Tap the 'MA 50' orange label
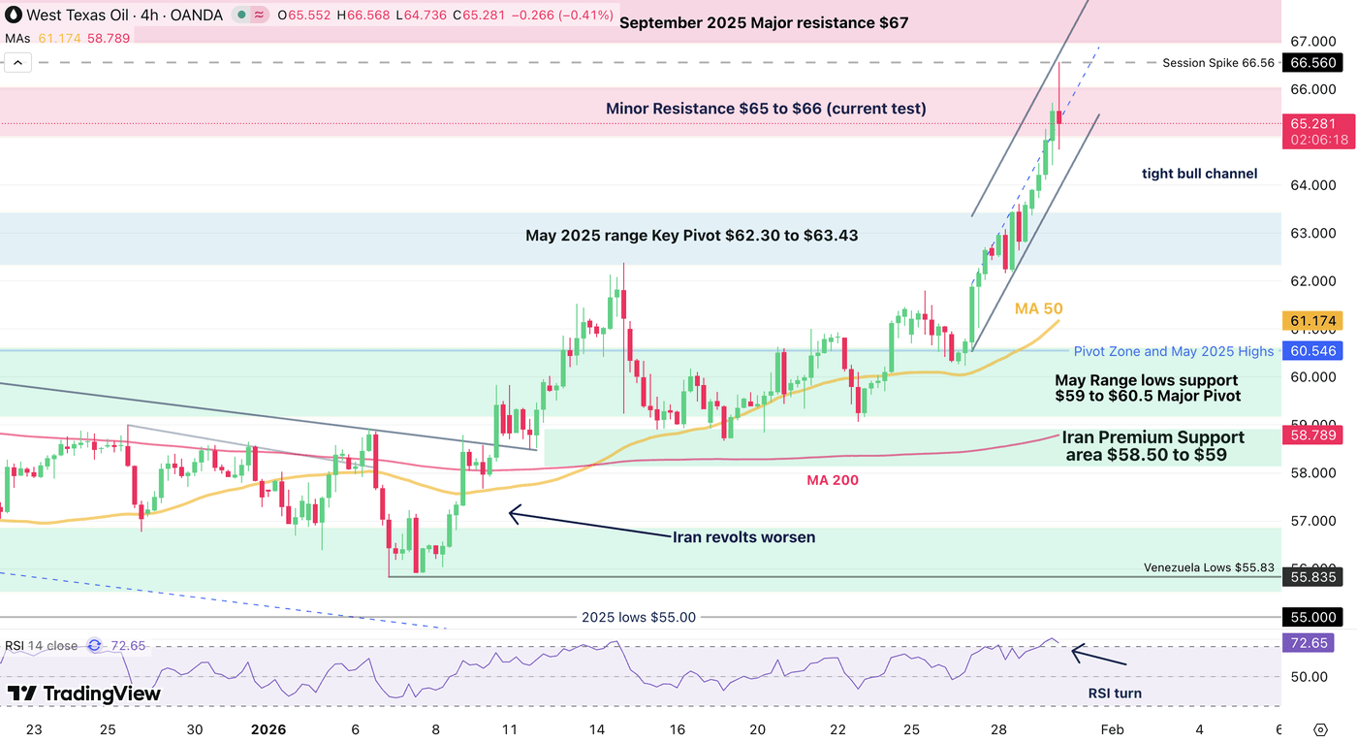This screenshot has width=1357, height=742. pyautogui.click(x=1038, y=308)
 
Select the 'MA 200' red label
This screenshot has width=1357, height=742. pyautogui.click(x=833, y=480)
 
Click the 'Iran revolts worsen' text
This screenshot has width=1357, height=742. pyautogui.click(x=743, y=536)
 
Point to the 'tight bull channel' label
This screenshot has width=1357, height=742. pyautogui.click(x=1199, y=174)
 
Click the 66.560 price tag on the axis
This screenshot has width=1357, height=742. pyautogui.click(x=1312, y=63)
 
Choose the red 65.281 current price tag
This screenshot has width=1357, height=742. pyautogui.click(x=1312, y=124)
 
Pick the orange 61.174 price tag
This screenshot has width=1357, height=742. pyautogui.click(x=1312, y=320)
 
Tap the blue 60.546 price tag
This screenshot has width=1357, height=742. pyautogui.click(x=1312, y=351)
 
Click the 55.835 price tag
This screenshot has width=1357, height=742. pyautogui.click(x=1312, y=577)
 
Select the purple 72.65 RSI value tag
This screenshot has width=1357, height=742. pyautogui.click(x=1307, y=643)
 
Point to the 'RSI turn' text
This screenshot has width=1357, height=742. pyautogui.click(x=1114, y=694)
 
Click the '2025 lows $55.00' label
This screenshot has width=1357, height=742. pyautogui.click(x=638, y=617)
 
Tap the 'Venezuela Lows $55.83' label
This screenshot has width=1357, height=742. pyautogui.click(x=1212, y=567)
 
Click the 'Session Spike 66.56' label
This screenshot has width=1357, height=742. pyautogui.click(x=1217, y=63)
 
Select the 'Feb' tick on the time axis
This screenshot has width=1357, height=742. pyautogui.click(x=1112, y=729)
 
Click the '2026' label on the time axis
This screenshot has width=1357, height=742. pyautogui.click(x=268, y=729)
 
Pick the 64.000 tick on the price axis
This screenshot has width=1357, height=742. pyautogui.click(x=1312, y=185)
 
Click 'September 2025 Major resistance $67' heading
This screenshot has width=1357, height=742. pyautogui.click(x=764, y=22)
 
